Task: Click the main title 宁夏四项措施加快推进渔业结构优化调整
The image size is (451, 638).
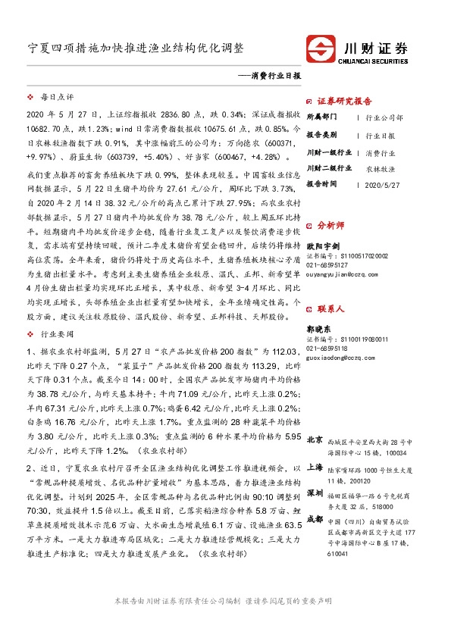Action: point(136,48)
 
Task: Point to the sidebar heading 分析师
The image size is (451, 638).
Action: point(330,225)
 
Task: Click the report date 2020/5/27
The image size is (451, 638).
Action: point(381,184)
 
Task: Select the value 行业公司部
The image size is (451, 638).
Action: point(384,118)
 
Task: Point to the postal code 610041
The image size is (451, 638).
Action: point(339,553)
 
